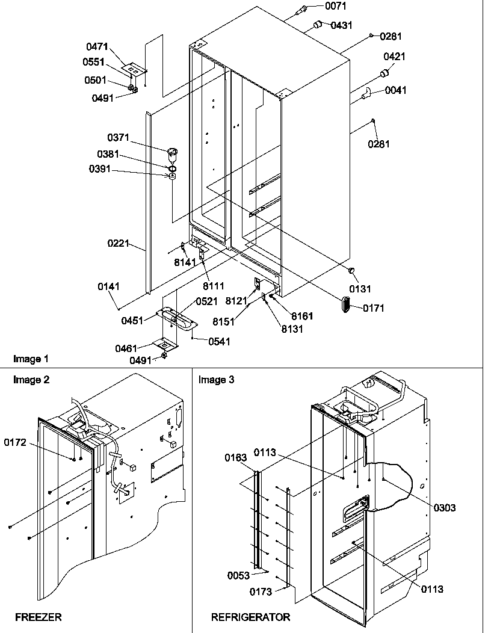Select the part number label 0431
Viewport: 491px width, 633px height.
pos(341,25)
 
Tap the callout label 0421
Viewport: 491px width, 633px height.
pos(395,57)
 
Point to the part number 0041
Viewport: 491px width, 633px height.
pos(396,91)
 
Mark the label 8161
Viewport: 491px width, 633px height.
pos(301,316)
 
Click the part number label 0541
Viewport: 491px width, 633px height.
pos(220,342)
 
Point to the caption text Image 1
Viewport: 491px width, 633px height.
pos(31,359)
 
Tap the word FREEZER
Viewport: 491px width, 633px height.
pos(38,617)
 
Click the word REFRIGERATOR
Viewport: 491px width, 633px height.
pos(250,617)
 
